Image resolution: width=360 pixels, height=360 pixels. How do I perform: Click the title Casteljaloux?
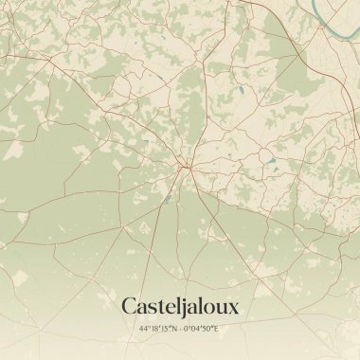pyautogui.click(x=180, y=306)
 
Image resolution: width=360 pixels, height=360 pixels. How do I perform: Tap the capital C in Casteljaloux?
pyautogui.click(x=129, y=306)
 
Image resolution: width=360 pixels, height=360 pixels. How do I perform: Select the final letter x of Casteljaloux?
pyautogui.click(x=233, y=308)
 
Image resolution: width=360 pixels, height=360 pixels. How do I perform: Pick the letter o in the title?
pyautogui.click(x=210, y=308)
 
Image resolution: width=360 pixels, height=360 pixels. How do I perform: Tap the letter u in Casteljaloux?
pyautogui.click(x=222, y=308)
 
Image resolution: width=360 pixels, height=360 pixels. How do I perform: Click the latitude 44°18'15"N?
pyautogui.click(x=157, y=329)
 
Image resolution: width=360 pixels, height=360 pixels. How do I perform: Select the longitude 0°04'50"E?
pyautogui.click(x=202, y=329)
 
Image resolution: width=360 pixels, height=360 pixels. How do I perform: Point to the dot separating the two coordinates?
pyautogui.click(x=180, y=329)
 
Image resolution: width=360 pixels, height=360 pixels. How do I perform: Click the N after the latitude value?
pyautogui.click(x=172, y=329)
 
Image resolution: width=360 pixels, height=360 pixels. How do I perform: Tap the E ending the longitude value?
pyautogui.click(x=217, y=329)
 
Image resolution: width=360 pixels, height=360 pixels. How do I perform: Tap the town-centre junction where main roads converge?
pyautogui.click(x=189, y=170)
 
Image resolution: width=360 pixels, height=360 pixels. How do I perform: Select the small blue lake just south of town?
pyautogui.click(x=167, y=200)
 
